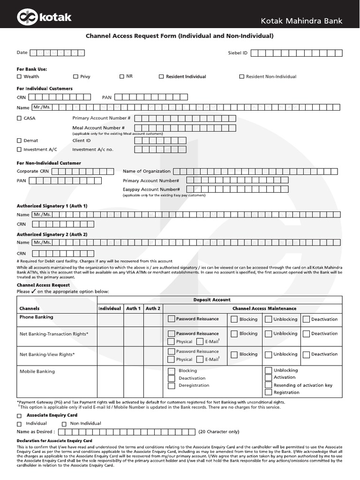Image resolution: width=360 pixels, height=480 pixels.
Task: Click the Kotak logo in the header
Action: [x=45, y=17]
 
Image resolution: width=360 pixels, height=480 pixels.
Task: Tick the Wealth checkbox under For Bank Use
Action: [x=19, y=76]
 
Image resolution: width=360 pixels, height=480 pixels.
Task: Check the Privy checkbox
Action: [x=75, y=76]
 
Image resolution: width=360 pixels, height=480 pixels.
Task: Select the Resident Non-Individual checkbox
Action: [x=242, y=76]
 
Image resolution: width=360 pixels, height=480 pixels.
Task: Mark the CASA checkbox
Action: [x=19, y=118]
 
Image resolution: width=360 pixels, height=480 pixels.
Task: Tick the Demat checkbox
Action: [x=19, y=141]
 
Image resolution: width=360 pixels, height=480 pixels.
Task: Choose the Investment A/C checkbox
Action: [x=19, y=150]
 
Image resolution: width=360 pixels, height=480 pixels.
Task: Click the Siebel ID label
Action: [x=238, y=53]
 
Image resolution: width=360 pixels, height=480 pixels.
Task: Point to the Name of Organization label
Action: [x=147, y=171]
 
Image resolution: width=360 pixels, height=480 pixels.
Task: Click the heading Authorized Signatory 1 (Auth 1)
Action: [x=52, y=206]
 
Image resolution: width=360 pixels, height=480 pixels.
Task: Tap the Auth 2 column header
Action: [x=153, y=308]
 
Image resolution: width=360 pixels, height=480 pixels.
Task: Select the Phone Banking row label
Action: [x=36, y=317]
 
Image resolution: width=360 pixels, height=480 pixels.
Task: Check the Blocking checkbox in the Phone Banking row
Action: [x=234, y=319]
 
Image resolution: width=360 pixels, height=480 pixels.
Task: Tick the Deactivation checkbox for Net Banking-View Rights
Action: [x=306, y=354]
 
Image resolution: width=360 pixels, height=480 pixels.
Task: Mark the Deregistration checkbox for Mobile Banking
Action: [x=171, y=385]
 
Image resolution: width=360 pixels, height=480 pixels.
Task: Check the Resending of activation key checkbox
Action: [x=268, y=385]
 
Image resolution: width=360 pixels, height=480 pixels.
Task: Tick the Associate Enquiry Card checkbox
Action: [x=19, y=416]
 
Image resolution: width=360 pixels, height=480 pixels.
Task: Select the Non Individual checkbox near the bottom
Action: [x=64, y=424]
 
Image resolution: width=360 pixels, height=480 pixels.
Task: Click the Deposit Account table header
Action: [x=212, y=300]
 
